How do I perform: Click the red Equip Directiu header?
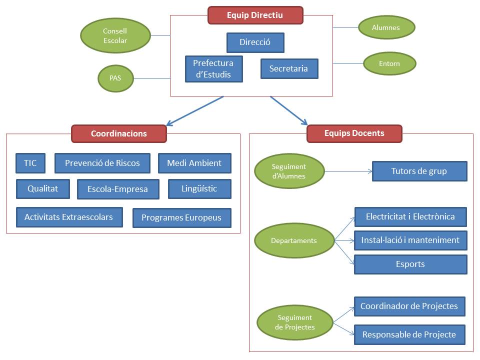click(255, 15)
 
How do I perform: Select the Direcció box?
click(255, 42)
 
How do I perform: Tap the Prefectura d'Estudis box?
click(213, 69)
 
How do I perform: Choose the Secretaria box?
click(289, 68)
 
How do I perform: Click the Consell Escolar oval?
click(115, 36)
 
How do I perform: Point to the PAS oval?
click(115, 78)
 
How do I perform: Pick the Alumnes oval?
click(386, 27)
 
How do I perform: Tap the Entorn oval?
click(389, 63)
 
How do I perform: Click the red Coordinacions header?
click(118, 133)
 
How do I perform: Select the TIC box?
click(30, 163)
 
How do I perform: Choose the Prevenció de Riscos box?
click(102, 163)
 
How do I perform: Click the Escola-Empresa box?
click(118, 189)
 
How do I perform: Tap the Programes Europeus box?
click(181, 218)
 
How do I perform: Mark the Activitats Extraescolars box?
click(69, 217)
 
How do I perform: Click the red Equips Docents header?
click(354, 133)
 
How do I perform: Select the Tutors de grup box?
click(419, 171)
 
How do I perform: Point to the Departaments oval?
click(294, 240)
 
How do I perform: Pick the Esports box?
click(410, 264)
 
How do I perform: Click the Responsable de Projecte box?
click(409, 334)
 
